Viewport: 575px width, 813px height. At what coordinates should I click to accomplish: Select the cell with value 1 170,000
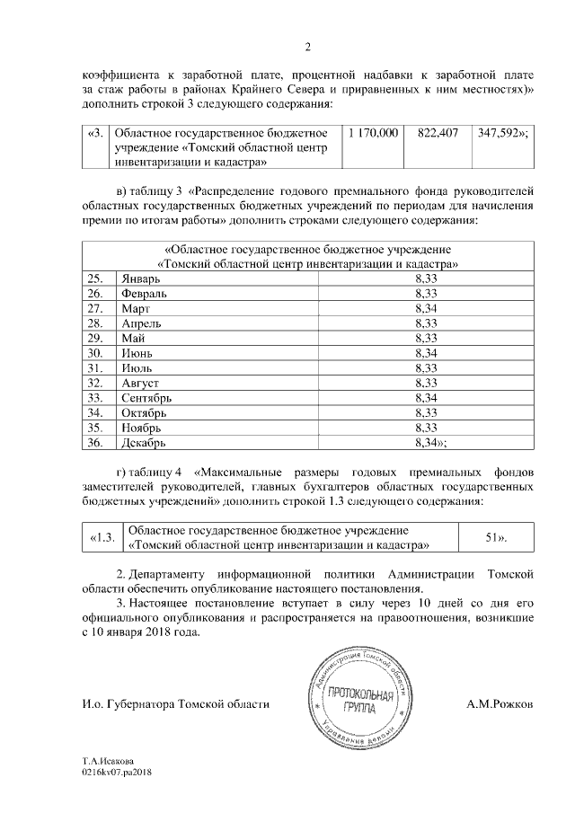click(372, 133)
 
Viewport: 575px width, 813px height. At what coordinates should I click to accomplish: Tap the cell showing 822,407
click(438, 133)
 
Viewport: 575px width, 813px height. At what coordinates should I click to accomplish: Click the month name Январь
click(141, 279)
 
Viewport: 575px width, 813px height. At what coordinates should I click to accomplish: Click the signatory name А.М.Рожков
click(500, 704)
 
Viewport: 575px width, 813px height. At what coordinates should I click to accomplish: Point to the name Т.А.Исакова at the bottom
click(110, 759)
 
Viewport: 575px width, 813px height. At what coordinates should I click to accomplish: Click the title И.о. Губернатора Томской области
click(175, 704)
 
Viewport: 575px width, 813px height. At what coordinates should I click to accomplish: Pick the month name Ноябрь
click(140, 427)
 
